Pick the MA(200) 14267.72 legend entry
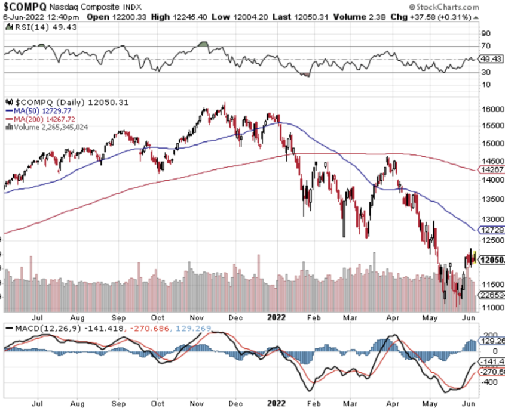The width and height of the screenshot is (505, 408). pos(44,119)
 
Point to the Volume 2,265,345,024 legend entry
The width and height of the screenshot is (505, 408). pos(50,127)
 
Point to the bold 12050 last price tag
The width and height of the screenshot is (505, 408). pos(492,260)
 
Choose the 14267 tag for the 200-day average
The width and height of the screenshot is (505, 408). pos(492,169)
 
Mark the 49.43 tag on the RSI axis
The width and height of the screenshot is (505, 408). pos(492,59)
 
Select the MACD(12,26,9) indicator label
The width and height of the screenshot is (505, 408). pos(41,328)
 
